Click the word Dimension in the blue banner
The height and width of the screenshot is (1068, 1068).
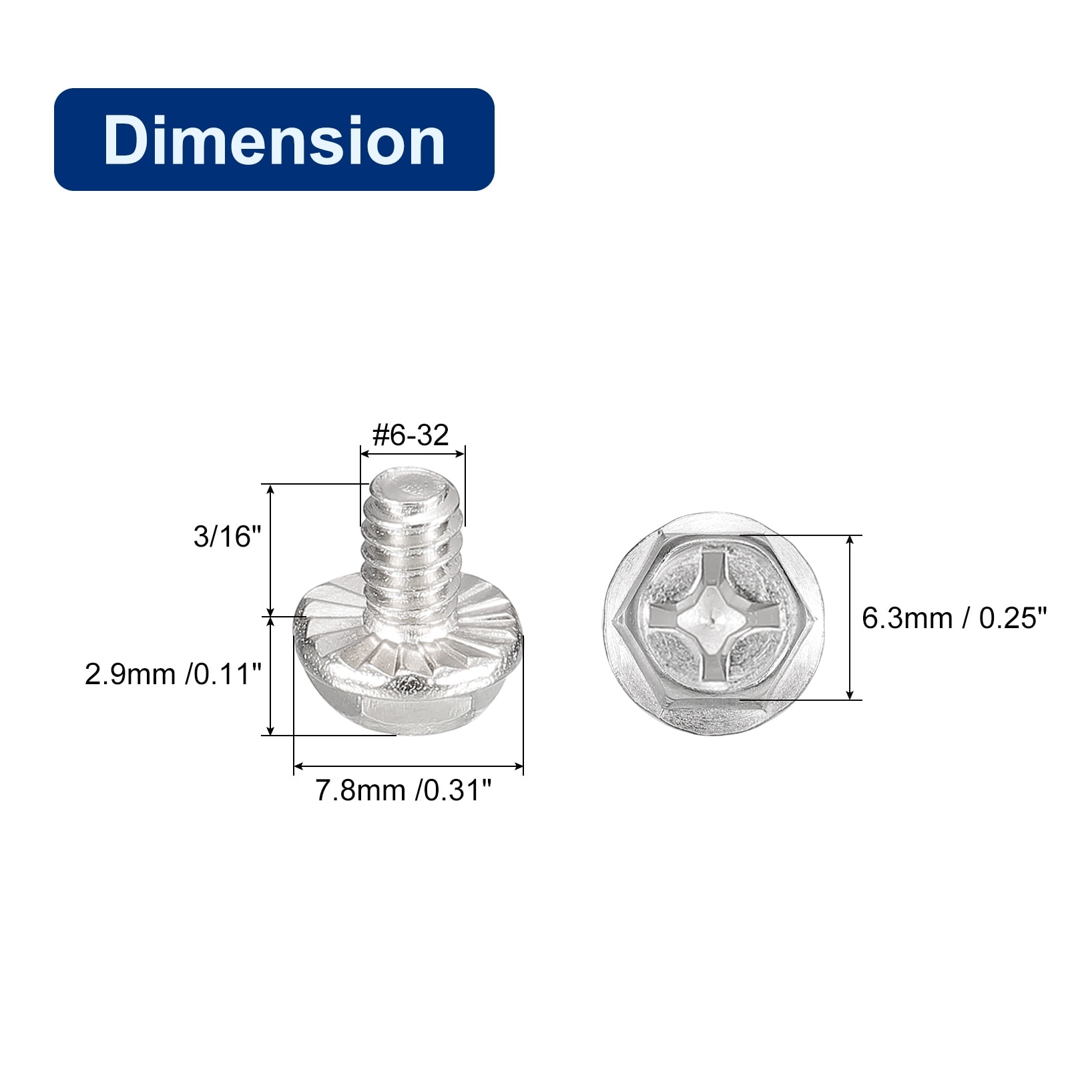point(274,140)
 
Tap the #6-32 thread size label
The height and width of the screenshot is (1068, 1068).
point(411,435)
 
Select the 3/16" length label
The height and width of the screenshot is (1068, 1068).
point(226,537)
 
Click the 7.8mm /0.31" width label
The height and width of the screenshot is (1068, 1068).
point(403,790)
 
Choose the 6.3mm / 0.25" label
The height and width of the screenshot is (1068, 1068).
point(955,618)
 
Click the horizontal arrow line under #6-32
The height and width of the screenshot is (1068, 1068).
point(412,454)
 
